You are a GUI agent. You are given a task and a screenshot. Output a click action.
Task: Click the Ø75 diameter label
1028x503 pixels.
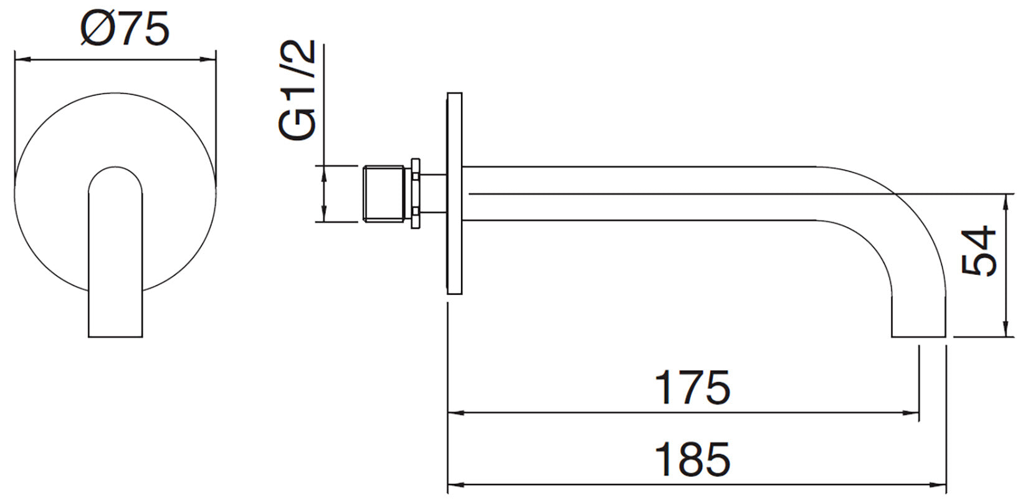pyautogui.click(x=125, y=29)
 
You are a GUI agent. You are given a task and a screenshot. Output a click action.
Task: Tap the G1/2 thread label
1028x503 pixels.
pyautogui.click(x=297, y=90)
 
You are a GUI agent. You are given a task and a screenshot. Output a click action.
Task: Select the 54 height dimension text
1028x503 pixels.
pyautogui.click(x=978, y=251)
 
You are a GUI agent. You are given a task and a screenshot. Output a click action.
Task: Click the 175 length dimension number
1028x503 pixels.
pyautogui.click(x=693, y=388)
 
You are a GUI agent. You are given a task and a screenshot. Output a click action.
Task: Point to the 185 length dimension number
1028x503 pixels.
pyautogui.click(x=693, y=459)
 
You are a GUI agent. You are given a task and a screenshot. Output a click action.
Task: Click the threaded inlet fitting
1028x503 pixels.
pyautogui.click(x=384, y=194)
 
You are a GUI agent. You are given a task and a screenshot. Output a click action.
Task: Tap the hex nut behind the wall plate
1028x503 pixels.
pyautogui.click(x=416, y=194)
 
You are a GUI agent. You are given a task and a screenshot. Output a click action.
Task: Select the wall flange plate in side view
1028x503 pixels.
pyautogui.click(x=454, y=193)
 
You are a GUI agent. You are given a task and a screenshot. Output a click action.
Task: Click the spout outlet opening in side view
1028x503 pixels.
pyautogui.click(x=918, y=337)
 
